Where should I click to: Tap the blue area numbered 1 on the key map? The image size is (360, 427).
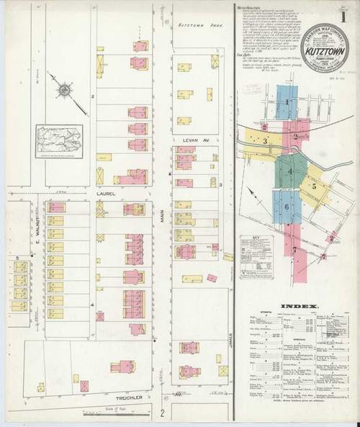287,103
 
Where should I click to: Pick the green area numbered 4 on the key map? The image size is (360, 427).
290,172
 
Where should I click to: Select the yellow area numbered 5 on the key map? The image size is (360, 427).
315,185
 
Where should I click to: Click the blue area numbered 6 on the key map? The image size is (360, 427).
287,207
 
